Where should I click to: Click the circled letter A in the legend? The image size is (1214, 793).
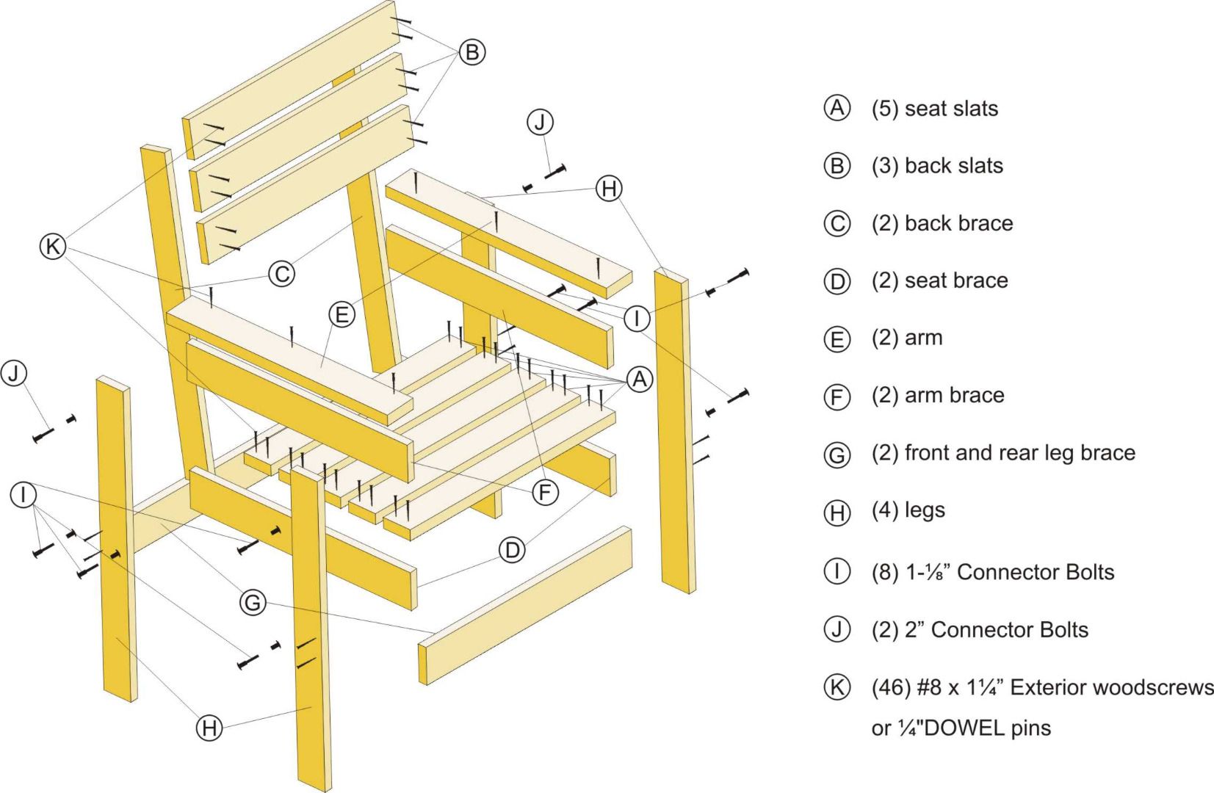tap(837, 108)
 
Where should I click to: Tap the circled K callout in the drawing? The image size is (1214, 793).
tap(53, 247)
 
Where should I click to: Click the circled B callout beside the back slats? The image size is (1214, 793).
tap(472, 52)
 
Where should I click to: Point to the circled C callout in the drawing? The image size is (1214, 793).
tap(281, 274)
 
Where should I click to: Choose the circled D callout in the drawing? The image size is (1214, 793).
tap(512, 549)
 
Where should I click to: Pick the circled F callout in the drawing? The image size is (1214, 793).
tap(544, 493)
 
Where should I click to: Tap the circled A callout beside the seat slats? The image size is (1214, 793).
tap(639, 380)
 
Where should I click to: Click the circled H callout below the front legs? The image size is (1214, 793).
tap(209, 728)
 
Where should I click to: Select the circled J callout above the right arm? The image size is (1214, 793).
tap(541, 122)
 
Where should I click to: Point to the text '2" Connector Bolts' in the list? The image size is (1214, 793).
tap(996, 630)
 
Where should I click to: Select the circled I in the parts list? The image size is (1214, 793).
tap(837, 571)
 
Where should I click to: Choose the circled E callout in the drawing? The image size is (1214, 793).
tap(342, 315)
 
